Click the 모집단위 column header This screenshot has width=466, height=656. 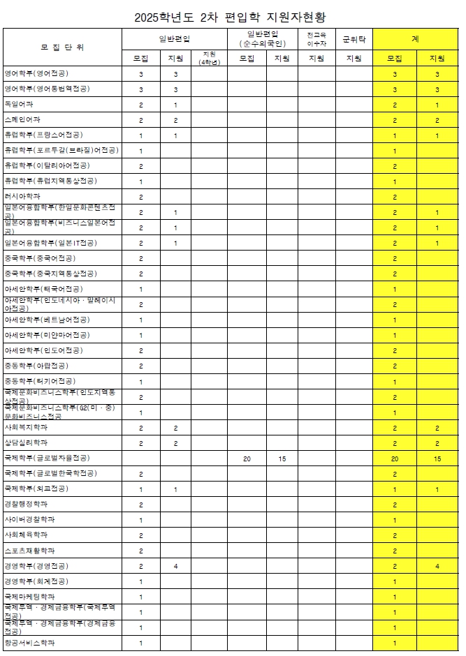(x=63, y=47)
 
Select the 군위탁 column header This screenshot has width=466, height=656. (x=354, y=39)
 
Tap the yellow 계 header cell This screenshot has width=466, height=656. (x=416, y=39)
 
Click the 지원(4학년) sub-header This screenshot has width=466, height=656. (x=209, y=59)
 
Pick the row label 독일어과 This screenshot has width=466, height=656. (x=19, y=105)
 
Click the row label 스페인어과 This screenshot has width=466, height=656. (x=22, y=120)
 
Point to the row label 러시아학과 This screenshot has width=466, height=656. (x=22, y=197)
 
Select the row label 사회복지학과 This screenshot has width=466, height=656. (x=26, y=427)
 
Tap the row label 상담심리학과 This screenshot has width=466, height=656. (x=26, y=442)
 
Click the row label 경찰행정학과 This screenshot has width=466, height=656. (x=26, y=505)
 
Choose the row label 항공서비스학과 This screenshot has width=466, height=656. (x=29, y=643)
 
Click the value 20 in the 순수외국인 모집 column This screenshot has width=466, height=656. (x=247, y=459)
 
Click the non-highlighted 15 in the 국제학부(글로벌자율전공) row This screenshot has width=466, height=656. (x=282, y=459)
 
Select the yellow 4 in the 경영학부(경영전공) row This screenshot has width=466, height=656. (x=437, y=566)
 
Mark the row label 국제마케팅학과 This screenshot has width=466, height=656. (x=29, y=597)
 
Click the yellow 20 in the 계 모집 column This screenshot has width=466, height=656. (x=395, y=459)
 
